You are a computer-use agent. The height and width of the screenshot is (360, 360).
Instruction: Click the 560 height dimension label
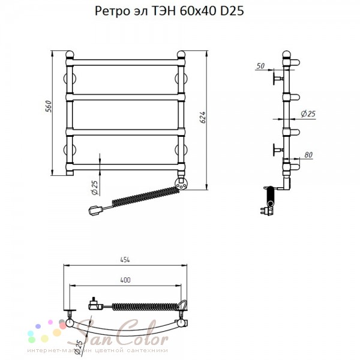(x=49, y=106)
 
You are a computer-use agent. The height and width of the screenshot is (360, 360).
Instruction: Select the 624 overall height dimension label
(x=203, y=118)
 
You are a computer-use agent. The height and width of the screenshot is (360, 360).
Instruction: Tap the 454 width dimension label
(x=125, y=260)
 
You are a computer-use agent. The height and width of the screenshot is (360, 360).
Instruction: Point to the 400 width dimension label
(x=125, y=280)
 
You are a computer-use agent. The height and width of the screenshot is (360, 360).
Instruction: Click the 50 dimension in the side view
(x=260, y=66)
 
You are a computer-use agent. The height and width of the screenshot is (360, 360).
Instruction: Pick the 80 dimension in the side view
(x=308, y=155)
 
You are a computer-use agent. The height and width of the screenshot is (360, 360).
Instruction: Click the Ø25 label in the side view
(x=308, y=113)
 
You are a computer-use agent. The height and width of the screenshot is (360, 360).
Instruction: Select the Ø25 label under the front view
(x=95, y=187)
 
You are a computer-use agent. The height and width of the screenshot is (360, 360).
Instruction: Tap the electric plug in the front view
(x=96, y=211)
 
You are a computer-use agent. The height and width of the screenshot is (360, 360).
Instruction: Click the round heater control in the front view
(x=181, y=183)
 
